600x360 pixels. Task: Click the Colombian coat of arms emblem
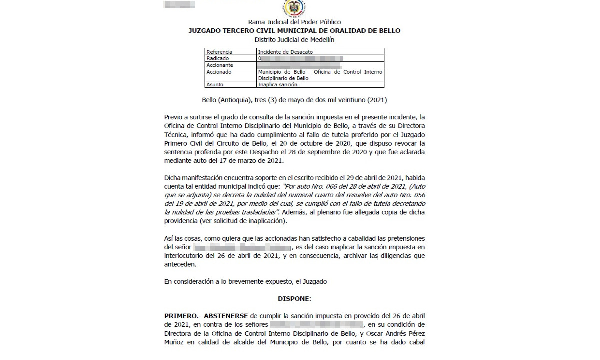tap(294, 8)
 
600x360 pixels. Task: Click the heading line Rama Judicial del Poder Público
tap(294, 22)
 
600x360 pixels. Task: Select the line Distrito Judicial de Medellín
tap(294, 39)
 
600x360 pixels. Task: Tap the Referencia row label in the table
tap(219, 52)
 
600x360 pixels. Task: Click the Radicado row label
tap(217, 58)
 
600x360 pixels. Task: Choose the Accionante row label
tap(220, 65)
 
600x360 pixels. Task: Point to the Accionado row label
tap(219, 72)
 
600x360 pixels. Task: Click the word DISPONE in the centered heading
tap(294, 299)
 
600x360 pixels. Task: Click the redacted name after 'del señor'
tap(242, 248)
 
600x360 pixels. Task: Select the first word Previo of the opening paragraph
tap(173, 117)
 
